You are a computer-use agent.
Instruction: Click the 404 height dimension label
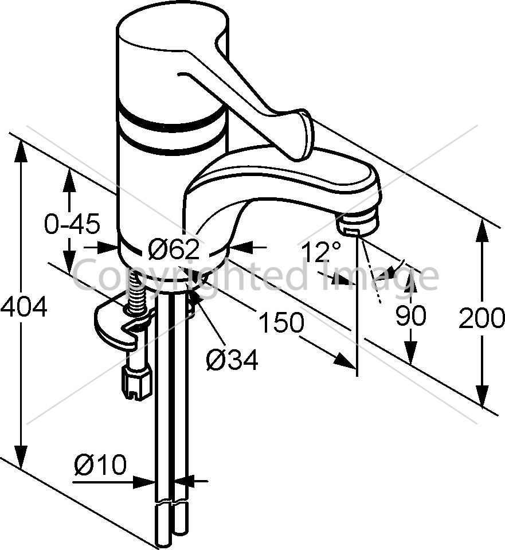click(x=24, y=306)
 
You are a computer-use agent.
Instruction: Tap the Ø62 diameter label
click(x=174, y=249)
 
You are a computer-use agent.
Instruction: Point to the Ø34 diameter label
click(x=232, y=360)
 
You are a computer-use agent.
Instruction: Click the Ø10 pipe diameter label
click(x=100, y=465)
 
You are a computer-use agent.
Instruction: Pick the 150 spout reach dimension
click(x=281, y=322)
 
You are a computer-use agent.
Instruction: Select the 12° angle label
click(x=321, y=251)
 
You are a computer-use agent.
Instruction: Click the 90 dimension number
click(x=411, y=315)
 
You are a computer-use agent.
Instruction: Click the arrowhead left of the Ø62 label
click(x=107, y=247)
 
